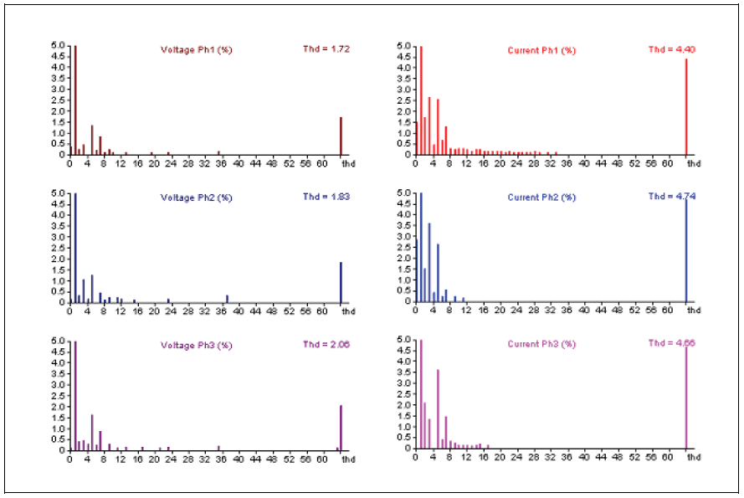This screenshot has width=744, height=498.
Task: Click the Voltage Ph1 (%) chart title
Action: pos(197,50)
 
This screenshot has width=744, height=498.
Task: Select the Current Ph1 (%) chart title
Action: pos(542,51)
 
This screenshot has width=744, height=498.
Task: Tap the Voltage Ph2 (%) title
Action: pos(197,198)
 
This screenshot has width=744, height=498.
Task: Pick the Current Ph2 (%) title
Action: pos(542,198)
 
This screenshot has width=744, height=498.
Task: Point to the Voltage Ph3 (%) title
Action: pos(197,345)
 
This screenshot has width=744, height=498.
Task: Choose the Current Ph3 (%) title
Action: pos(542,345)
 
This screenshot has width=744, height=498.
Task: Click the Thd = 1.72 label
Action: pos(326,49)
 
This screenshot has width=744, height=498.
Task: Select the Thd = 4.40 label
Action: pos(671,50)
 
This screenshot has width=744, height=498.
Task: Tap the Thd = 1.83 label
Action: pos(326,197)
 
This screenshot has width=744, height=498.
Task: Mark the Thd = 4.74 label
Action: pos(671,197)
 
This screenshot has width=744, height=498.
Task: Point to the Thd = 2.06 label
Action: pos(326,344)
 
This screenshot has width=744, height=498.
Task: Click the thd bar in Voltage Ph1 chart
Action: pos(341,136)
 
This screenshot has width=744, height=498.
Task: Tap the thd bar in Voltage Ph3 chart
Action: pos(341,428)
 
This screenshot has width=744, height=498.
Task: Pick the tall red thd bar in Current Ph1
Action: pos(686,106)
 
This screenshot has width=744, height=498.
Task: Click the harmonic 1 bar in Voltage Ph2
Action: pos(74,247)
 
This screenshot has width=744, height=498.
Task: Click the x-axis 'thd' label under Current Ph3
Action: pos(695,457)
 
